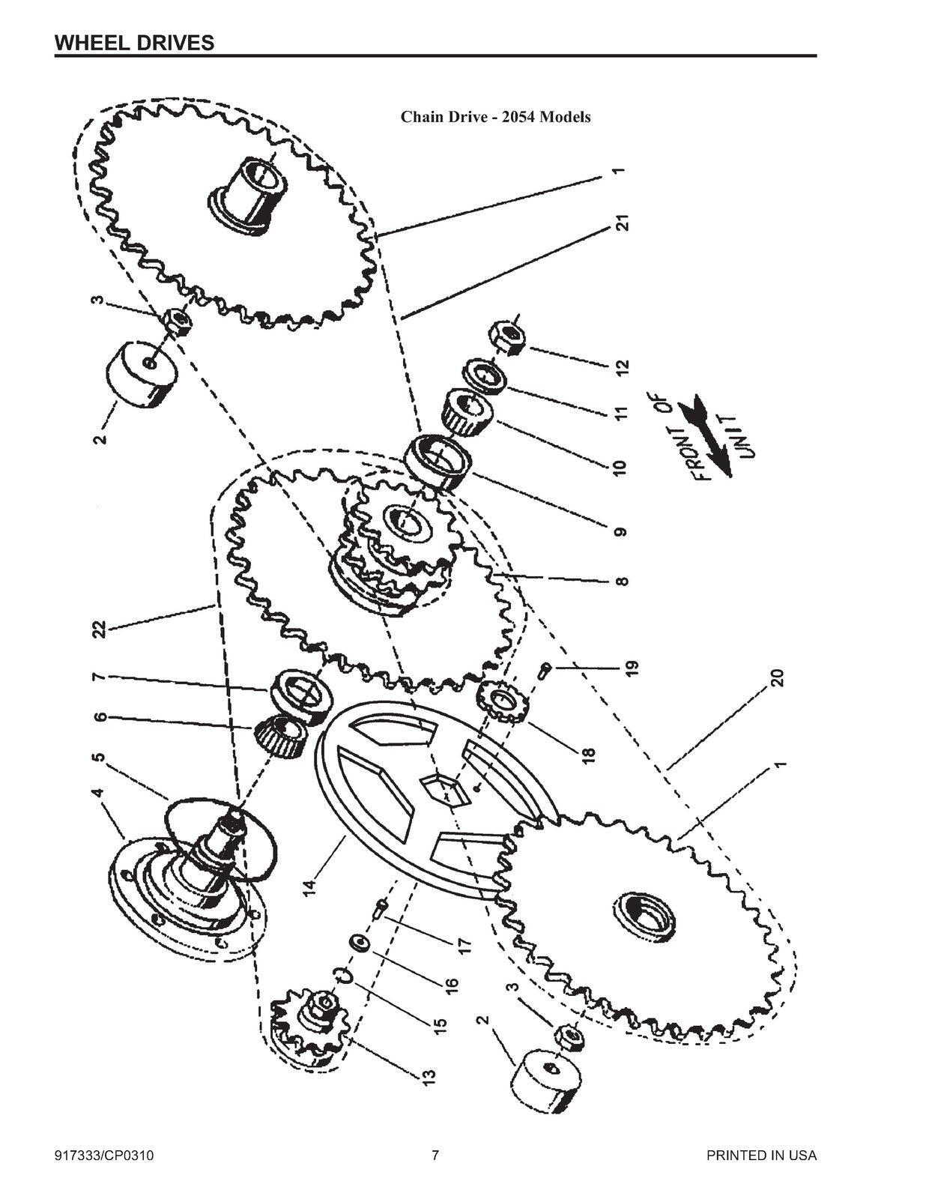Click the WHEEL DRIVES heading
point(134,43)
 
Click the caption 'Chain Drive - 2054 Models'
point(495,117)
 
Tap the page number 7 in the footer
point(435,1155)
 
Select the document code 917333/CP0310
point(104,1155)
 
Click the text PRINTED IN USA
point(761,1155)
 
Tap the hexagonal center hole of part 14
point(441,789)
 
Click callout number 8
point(623,582)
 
